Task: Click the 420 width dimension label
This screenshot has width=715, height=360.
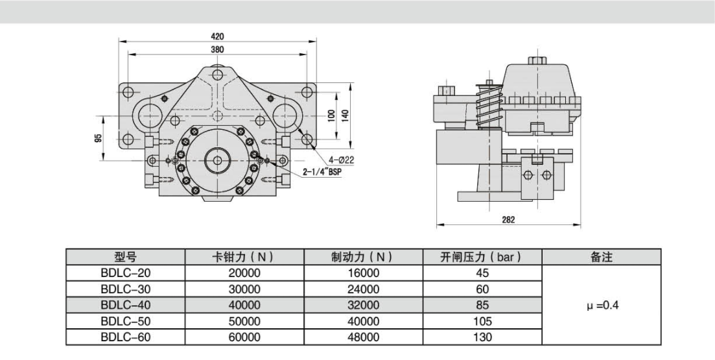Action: [x=218, y=37]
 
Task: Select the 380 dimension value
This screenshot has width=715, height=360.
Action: [x=218, y=49]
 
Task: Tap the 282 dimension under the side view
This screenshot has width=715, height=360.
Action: [x=508, y=221]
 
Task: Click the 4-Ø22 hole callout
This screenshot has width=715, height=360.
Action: [x=340, y=160]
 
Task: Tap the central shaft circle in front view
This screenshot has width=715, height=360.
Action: [x=217, y=160]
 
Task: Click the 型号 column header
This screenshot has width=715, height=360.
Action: [x=126, y=258]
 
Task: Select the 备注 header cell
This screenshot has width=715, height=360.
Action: [x=601, y=258]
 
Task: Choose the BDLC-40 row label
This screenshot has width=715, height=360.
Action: [x=126, y=305]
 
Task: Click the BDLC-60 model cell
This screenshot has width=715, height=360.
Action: [x=126, y=337]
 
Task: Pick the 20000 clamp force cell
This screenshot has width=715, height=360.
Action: [x=244, y=273]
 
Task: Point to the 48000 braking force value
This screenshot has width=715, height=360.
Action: [x=364, y=337]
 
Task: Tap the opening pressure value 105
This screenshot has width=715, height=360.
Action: [x=482, y=321]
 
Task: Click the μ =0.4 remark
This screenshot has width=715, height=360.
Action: [x=601, y=305]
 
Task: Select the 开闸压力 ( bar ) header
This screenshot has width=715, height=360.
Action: [x=482, y=258]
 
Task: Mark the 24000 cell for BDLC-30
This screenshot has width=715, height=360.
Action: [x=364, y=289]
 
